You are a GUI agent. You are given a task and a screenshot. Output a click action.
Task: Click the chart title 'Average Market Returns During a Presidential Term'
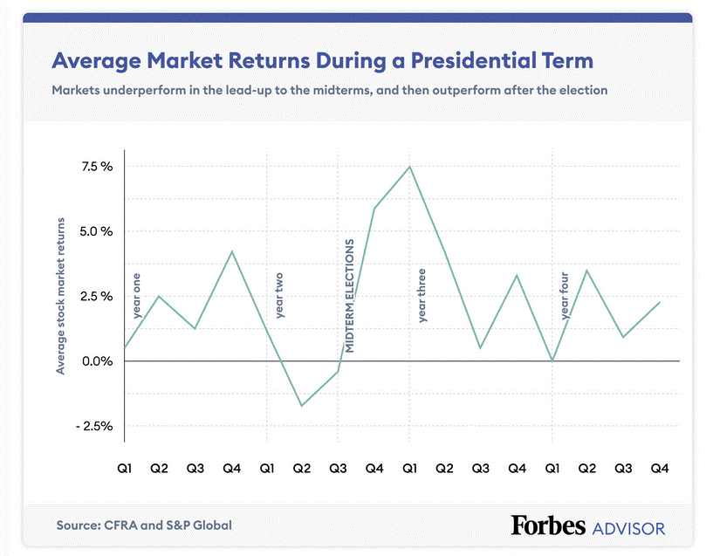coord(322,61)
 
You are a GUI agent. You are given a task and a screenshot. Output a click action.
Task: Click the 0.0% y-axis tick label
coord(96,361)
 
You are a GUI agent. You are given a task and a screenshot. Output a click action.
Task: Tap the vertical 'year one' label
coord(136,295)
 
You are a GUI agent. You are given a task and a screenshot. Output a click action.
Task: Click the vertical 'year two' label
coord(279,295)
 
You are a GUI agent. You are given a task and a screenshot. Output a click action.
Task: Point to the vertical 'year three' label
coord(422,295)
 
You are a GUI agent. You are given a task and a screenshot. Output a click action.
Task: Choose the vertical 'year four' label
coord(565,295)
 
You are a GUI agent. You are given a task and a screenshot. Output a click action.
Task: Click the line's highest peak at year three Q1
coord(409,167)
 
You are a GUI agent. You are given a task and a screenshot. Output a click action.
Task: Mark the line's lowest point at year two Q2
coord(302,406)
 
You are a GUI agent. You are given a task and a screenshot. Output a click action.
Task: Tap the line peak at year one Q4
coord(231,251)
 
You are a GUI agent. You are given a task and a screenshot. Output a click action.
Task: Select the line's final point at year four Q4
coord(659,302)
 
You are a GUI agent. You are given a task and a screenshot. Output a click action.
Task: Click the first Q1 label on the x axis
coord(125,470)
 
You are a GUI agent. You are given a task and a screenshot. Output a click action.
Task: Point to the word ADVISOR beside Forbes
coord(628,527)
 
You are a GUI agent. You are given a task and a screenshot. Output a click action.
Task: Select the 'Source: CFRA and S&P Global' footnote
coord(144,525)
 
